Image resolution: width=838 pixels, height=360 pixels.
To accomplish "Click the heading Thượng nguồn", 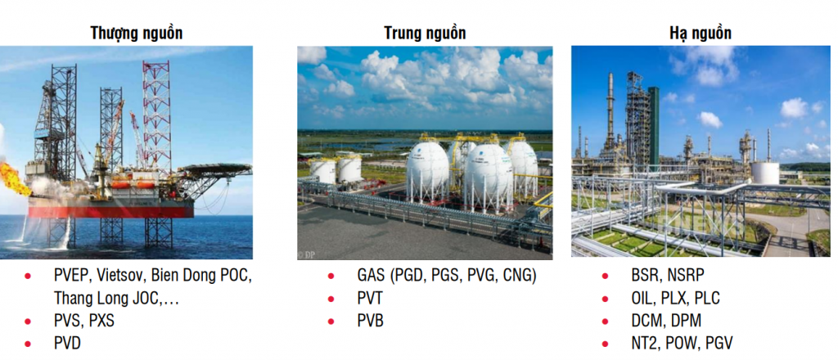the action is (137, 34).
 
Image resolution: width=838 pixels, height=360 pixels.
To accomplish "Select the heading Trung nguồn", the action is (425, 34).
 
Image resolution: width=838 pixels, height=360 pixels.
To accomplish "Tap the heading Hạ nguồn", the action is (701, 34).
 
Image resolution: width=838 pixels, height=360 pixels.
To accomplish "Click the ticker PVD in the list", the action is (67, 343).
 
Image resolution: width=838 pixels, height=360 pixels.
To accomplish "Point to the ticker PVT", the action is (370, 298).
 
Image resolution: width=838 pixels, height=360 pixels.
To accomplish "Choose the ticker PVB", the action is (371, 321).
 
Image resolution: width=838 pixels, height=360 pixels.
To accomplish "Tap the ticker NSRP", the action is (686, 275).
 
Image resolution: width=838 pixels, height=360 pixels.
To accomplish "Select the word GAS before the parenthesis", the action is (371, 276).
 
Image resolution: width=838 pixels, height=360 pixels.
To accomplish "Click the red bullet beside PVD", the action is (28, 344).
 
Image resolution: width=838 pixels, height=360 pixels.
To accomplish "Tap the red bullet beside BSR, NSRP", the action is (605, 276).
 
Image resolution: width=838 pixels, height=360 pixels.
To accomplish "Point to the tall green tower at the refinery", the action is (653, 125).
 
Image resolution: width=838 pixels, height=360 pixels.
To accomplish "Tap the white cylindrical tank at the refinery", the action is (765, 173).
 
